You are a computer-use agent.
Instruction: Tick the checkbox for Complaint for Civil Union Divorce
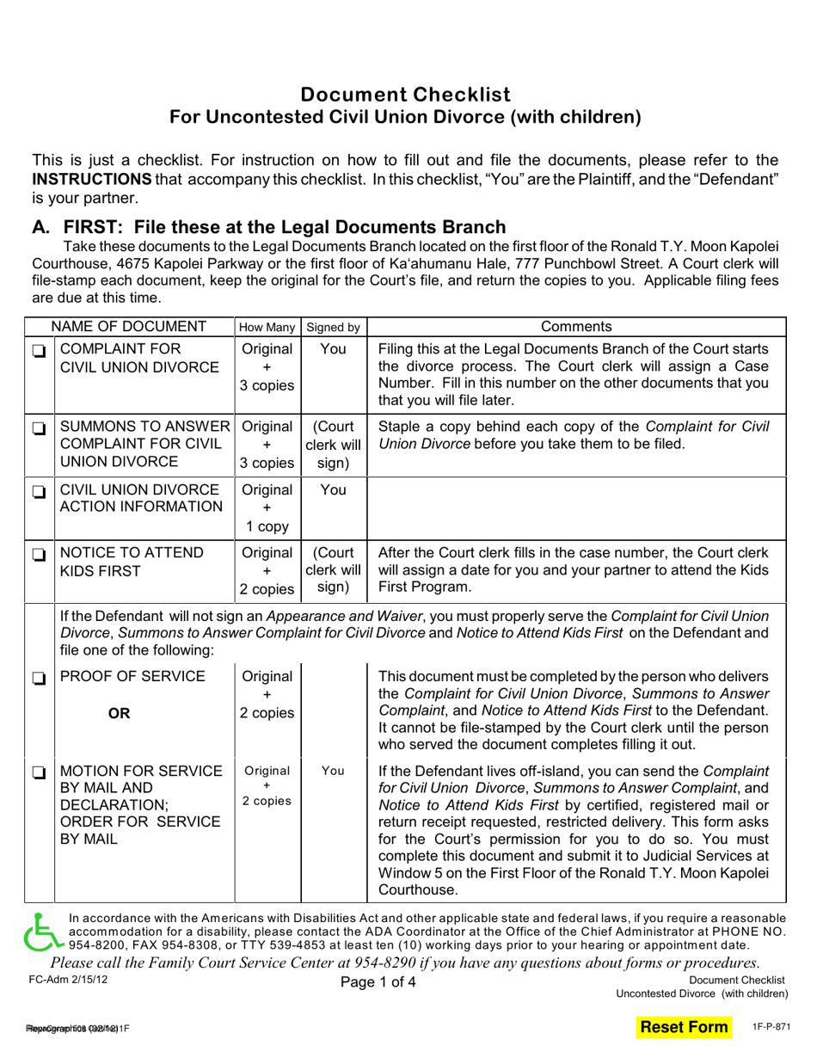click(39, 351)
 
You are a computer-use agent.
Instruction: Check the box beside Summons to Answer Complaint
click(39, 428)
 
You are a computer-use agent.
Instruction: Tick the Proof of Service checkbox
click(39, 678)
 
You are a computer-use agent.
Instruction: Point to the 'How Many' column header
click(267, 327)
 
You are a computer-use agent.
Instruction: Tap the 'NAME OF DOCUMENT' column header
click(129, 327)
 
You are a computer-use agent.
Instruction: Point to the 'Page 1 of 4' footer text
click(378, 982)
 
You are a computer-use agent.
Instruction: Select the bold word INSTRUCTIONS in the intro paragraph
click(92, 179)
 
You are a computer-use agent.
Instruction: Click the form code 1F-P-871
click(769, 1027)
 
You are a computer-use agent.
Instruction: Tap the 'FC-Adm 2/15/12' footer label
click(69, 980)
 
